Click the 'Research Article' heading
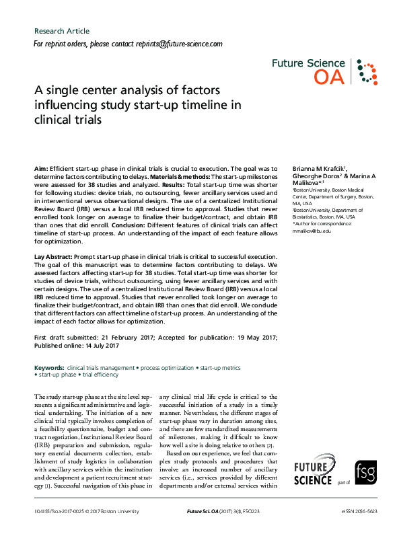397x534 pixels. pos(61,31)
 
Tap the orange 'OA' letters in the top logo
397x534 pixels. pos(329,78)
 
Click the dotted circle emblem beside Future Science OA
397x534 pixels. pos(365,71)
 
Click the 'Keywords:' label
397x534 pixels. pos(49,368)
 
